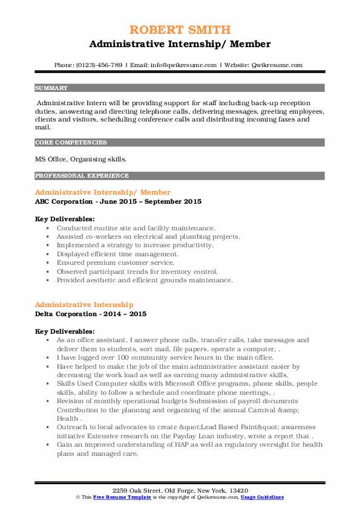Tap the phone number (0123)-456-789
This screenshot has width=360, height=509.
(97, 65)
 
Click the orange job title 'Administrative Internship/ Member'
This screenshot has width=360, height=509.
(94, 192)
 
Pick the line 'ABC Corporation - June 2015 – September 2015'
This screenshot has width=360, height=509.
(118, 201)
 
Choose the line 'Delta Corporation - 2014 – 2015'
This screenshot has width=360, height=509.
(91, 314)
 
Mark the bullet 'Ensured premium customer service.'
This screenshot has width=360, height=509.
(116, 263)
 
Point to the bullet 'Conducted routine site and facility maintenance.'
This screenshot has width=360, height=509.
(136, 228)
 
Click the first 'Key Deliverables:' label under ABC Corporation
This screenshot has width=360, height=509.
(65, 219)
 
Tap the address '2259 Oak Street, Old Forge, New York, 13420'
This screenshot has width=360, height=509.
(180, 490)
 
